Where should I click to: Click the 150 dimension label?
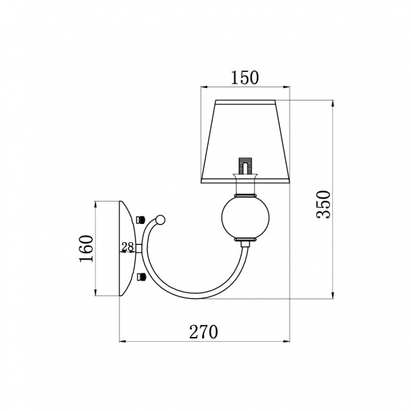pyautogui.click(x=244, y=77)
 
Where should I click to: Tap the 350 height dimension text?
pyautogui.click(x=324, y=204)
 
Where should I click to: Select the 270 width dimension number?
pyautogui.click(x=203, y=332)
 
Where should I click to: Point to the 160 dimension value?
pyautogui.click(x=87, y=248)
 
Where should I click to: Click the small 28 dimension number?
pyautogui.click(x=128, y=246)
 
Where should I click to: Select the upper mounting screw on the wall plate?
pyautogui.click(x=141, y=219)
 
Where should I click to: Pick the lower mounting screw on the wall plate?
pyautogui.click(x=141, y=276)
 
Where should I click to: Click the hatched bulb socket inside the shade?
pyautogui.click(x=245, y=165)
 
